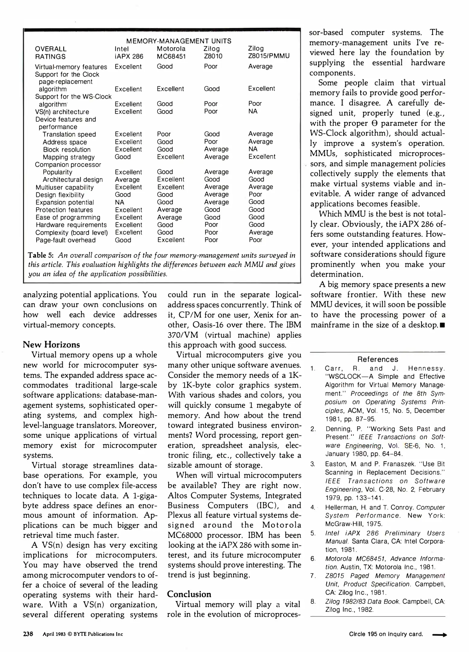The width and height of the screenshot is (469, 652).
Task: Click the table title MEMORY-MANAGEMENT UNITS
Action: coord(179,41)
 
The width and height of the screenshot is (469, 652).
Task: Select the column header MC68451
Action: coord(171,56)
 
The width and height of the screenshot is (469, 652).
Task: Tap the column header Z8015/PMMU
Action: coord(269,56)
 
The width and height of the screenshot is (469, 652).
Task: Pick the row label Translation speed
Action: coord(69,135)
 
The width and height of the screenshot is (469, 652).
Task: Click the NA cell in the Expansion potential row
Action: coord(120,203)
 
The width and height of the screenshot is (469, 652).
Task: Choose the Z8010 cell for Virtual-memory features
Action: coord(210,66)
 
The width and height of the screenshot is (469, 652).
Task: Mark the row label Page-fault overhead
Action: coord(66,240)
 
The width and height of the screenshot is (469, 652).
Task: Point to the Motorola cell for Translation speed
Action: coord(164,134)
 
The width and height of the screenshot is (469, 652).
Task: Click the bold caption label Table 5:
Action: coord(40,255)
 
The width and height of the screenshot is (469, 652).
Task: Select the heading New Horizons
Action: coord(51,345)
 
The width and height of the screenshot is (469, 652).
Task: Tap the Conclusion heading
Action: coord(189,594)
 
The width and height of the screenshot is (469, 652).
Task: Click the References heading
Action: coord(377,360)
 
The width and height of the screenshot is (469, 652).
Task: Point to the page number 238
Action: coord(28,634)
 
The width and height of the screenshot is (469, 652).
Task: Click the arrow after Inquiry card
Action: coord(439,635)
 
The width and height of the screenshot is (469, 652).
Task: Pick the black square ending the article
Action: coord(442,326)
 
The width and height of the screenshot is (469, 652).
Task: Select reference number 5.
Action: coord(313,533)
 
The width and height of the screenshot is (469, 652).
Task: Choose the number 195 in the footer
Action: coord(372,634)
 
